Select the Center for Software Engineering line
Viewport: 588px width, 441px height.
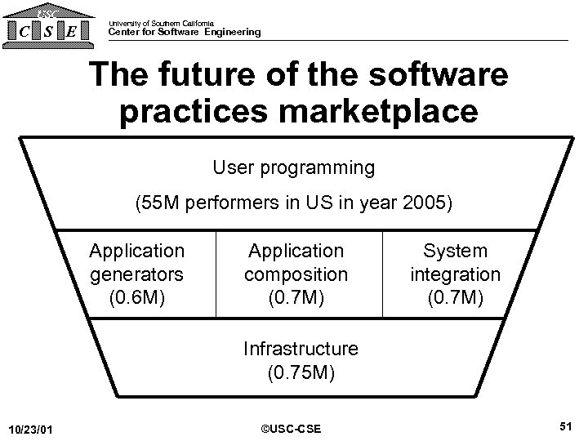(x=185, y=33)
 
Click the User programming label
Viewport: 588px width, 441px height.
(x=293, y=168)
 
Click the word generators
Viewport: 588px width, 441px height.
(x=137, y=274)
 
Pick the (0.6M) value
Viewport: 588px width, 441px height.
(x=137, y=296)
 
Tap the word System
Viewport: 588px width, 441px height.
(x=456, y=251)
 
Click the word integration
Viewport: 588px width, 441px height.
(x=456, y=274)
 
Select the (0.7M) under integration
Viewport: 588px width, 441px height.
(x=456, y=296)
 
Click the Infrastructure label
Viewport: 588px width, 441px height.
(x=301, y=349)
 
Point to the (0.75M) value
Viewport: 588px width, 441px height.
(x=301, y=372)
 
